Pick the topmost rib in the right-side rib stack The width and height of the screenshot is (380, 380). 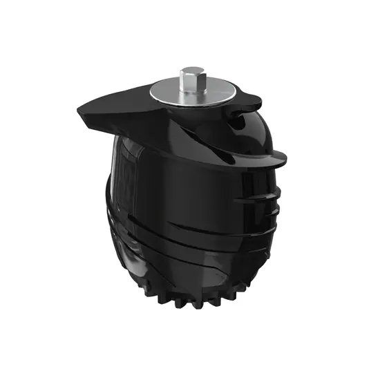click(x=269, y=189)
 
